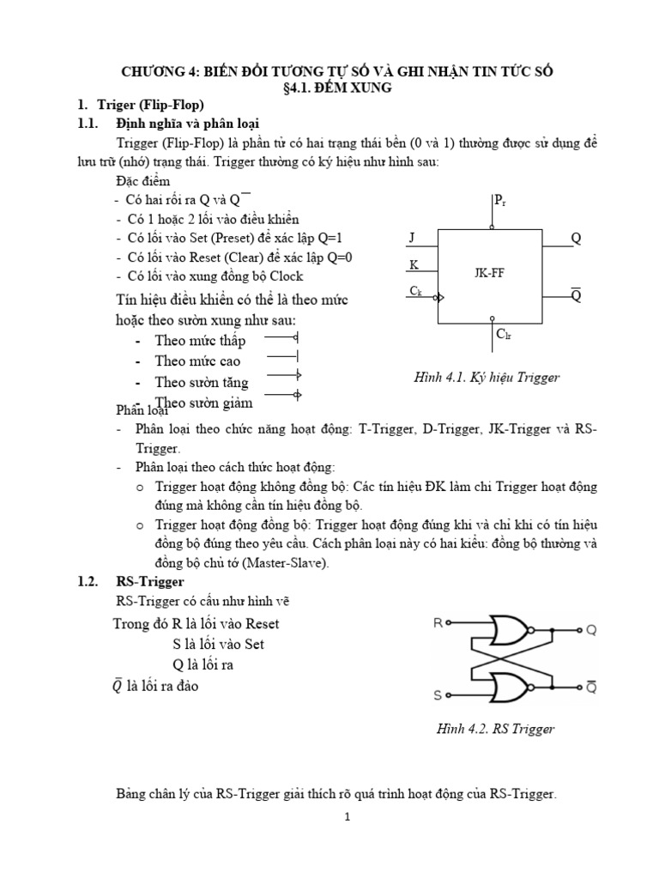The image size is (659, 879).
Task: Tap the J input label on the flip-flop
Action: pos(413,237)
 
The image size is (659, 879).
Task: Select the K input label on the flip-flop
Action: pos(413,266)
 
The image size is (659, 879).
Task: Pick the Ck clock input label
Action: pos(415,292)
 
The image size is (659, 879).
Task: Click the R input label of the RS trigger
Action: pos(438,624)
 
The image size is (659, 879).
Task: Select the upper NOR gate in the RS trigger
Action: pos(514,630)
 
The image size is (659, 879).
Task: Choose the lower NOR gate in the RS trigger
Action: pos(514,687)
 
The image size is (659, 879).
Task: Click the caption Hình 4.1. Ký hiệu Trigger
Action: pos(487,378)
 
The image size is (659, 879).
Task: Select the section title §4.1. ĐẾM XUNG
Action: pos(329,87)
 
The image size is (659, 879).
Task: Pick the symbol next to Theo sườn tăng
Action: pos(282,376)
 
